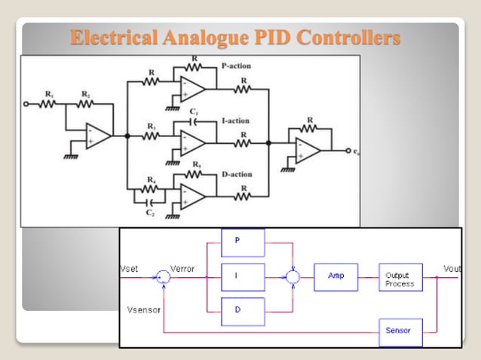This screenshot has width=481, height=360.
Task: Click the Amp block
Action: tap(335, 276)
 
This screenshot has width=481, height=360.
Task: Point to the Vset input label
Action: tap(130, 269)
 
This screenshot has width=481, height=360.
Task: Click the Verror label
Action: tap(183, 269)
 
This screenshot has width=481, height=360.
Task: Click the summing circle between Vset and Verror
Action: tap(164, 277)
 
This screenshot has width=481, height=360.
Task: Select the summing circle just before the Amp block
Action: tap(293, 277)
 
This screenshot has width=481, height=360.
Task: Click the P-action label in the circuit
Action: tap(237, 66)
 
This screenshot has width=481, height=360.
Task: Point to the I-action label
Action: tap(236, 121)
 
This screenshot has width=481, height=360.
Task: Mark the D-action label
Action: tap(237, 175)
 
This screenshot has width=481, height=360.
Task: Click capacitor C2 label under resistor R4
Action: tap(151, 214)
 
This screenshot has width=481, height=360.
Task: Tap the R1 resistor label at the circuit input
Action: tap(50, 93)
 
